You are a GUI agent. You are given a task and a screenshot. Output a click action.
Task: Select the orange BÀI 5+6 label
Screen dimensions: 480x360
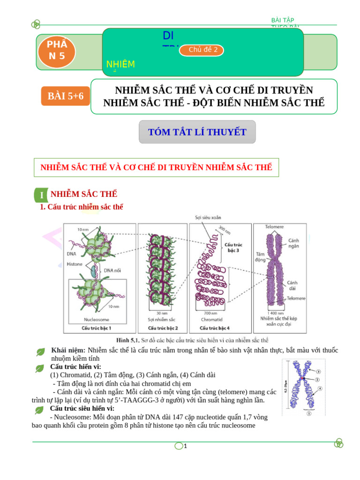[65, 96]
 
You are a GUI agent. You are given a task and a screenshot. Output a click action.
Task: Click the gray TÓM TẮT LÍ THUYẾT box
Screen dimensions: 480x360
[197, 132]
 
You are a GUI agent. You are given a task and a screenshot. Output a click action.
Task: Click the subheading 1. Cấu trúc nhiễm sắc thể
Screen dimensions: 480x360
[82, 207]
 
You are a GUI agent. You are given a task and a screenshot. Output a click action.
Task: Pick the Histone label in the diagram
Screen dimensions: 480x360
[75, 264]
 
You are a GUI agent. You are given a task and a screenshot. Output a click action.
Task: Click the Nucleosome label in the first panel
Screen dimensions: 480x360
[96, 320]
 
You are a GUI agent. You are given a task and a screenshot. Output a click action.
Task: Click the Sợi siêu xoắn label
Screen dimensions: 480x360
[208, 217]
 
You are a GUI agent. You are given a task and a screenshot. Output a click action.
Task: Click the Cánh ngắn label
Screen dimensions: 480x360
[294, 243]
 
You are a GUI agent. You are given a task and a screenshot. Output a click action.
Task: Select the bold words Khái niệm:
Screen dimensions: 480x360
[68, 350]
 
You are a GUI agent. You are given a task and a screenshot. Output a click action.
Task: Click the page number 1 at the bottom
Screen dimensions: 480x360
[186, 446]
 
